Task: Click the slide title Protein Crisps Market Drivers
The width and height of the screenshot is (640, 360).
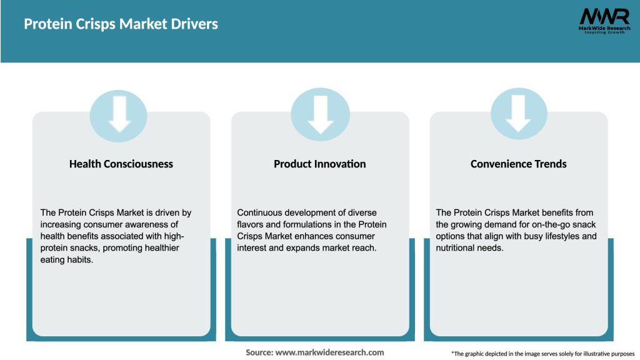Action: pos(121,24)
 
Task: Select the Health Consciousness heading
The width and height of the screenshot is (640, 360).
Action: pos(121,164)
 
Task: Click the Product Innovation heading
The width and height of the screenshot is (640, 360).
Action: pos(320,164)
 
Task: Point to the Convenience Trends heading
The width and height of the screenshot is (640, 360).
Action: pos(519,164)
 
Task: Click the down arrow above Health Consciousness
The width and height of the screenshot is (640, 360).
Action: pos(119,114)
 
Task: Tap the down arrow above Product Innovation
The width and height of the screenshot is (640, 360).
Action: pos(320,114)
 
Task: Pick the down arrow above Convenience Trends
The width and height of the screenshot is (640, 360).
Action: pos(519,114)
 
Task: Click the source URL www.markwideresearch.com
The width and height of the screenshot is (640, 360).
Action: pos(331,352)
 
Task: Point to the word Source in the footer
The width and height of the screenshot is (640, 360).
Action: pos(259,352)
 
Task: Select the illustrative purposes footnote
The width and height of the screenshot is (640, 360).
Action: pos(542,354)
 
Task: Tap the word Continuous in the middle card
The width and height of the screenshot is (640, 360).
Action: pos(260,212)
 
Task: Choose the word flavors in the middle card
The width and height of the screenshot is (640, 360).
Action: pos(251,224)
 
